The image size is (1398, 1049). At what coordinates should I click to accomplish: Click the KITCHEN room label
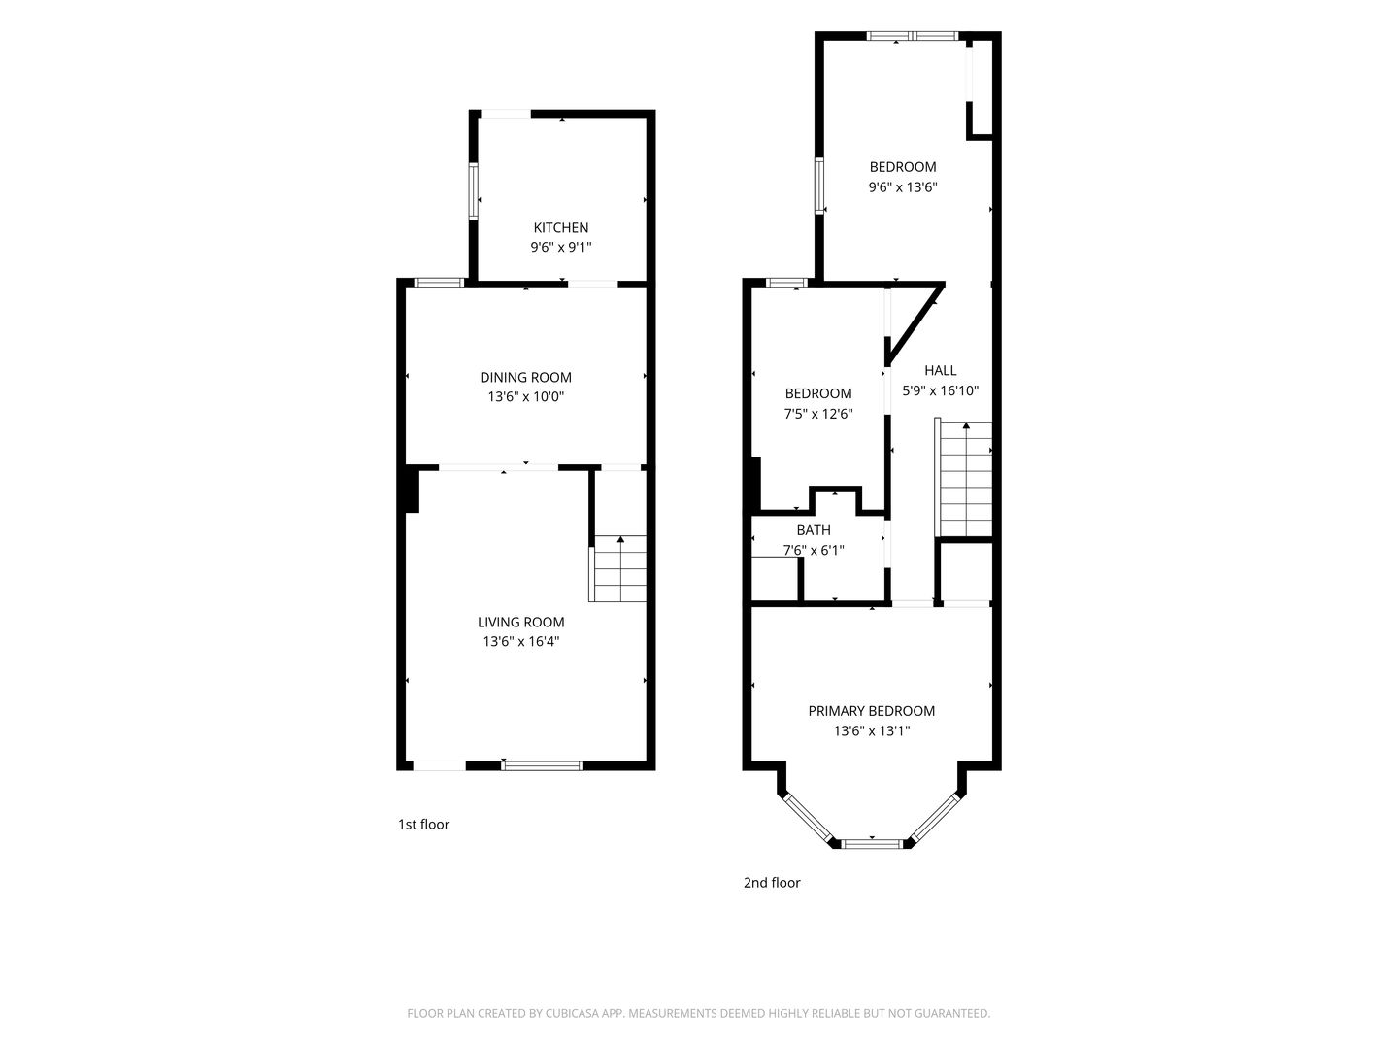[x=560, y=227]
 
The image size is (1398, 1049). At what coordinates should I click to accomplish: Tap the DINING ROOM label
[x=525, y=377]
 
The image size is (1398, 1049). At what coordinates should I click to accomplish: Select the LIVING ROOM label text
[x=521, y=622]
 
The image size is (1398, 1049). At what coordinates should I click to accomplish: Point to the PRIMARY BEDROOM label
[x=871, y=711]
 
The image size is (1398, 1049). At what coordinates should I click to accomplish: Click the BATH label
[x=814, y=530]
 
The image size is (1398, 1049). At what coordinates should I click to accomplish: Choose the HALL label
[x=940, y=370]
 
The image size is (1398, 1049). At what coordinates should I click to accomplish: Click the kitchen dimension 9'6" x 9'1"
[x=561, y=247]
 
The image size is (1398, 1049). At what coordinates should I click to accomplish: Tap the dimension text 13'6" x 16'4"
[x=521, y=641]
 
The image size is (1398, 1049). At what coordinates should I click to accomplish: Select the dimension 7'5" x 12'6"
[x=818, y=414]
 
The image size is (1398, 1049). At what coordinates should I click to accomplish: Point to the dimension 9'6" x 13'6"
[x=903, y=187]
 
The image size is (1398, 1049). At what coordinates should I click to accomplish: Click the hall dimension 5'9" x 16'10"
[x=940, y=390]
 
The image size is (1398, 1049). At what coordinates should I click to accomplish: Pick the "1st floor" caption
[x=423, y=825]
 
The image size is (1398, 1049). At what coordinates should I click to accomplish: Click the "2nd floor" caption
[x=772, y=882]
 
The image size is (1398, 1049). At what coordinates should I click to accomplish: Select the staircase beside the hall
[x=964, y=478]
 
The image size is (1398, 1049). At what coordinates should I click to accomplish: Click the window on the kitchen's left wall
[x=474, y=191]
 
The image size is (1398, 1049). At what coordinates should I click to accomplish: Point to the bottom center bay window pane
[x=872, y=844]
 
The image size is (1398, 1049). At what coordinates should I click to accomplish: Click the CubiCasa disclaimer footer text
[x=699, y=1013]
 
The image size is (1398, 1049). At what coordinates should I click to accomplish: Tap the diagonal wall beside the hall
[x=915, y=324]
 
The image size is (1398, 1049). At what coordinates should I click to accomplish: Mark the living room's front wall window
[x=542, y=765]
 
